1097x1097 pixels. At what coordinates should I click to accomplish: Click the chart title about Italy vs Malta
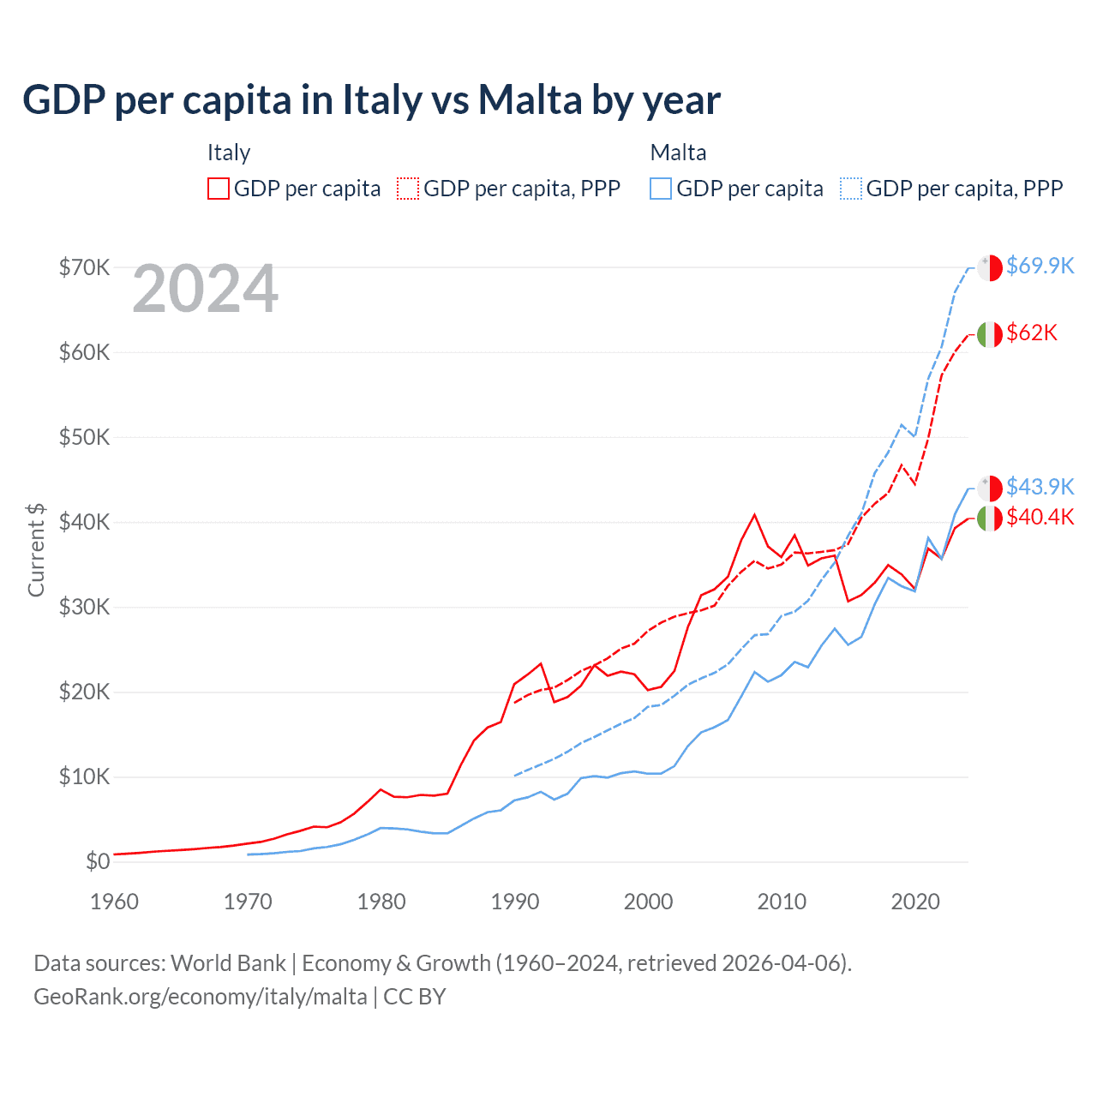coord(371,99)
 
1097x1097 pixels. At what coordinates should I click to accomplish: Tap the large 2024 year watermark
coord(205,290)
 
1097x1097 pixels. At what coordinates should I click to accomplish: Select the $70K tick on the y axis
coord(84,267)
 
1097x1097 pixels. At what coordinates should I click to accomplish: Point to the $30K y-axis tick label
coord(84,607)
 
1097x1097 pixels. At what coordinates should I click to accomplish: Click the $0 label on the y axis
coord(97,861)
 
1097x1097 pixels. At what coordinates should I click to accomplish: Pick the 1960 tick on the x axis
coord(114,902)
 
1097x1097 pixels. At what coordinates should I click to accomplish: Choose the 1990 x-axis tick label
coord(515,902)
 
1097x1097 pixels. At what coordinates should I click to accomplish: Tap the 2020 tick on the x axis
coord(915,902)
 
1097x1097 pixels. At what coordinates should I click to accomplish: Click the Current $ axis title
coord(36,549)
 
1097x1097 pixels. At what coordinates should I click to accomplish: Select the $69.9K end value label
coord(1040,266)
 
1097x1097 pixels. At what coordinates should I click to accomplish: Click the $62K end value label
coord(1032,333)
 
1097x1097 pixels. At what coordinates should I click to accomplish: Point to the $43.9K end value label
coord(1040,487)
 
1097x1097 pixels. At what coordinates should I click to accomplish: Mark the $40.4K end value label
coord(1040,517)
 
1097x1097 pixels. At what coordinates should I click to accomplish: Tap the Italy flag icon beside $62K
coord(990,334)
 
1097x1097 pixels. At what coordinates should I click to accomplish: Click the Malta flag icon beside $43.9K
coord(990,488)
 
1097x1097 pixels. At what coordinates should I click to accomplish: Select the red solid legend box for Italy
coord(219,189)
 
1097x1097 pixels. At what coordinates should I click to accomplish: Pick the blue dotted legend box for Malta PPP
coord(851,189)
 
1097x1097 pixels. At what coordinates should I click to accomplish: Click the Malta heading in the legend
coord(678,153)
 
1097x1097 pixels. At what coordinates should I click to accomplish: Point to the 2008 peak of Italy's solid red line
coord(754,515)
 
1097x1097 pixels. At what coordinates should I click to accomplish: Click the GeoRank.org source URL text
coord(201,997)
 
